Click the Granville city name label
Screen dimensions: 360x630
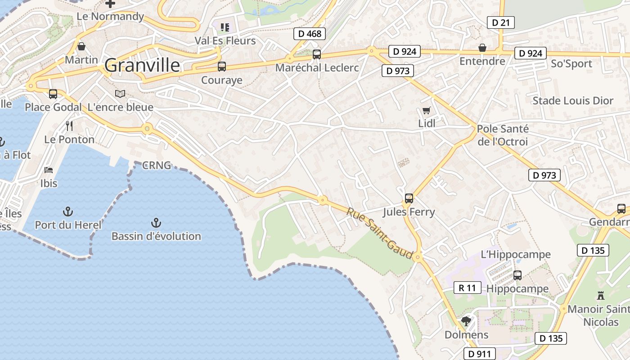(142, 66)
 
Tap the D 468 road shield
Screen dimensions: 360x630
(310, 34)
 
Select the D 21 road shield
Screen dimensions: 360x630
(500, 22)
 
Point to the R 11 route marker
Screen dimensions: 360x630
(467, 288)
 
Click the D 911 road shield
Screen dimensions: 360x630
(479, 354)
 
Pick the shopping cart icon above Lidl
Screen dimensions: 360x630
(426, 111)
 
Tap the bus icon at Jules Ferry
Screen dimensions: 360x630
(409, 198)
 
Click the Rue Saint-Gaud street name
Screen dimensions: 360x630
(380, 233)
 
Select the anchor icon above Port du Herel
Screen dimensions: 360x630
(67, 211)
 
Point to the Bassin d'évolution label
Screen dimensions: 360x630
(156, 236)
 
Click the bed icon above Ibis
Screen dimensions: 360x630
(49, 170)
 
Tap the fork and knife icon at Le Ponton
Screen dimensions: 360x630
(69, 126)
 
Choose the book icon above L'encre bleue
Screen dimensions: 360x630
(120, 94)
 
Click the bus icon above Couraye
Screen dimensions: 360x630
(221, 67)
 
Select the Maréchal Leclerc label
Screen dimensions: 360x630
(317, 68)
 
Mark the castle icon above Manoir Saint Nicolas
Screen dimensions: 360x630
(600, 296)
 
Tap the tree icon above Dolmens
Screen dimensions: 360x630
(466, 321)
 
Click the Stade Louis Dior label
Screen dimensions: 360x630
(573, 101)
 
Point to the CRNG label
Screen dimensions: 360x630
(157, 166)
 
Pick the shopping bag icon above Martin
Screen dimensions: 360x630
(81, 46)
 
